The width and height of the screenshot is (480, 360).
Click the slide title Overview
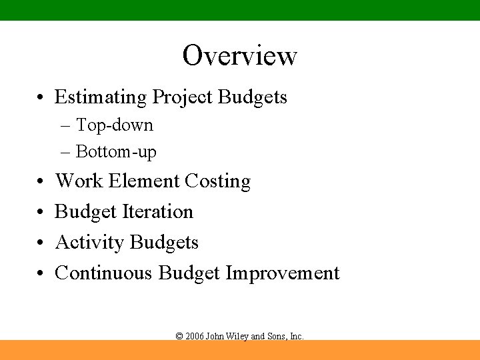(x=239, y=55)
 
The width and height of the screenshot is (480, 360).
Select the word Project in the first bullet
(x=183, y=97)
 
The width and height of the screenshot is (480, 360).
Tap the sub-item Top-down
(x=114, y=125)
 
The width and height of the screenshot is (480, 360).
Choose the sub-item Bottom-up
(x=116, y=152)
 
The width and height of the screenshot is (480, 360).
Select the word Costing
(x=217, y=181)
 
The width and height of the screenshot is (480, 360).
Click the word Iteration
(x=159, y=212)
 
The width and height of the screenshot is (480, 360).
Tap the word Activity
(x=89, y=243)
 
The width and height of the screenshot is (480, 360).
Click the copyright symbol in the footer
(x=179, y=337)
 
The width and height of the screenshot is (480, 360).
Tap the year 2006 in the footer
(x=195, y=337)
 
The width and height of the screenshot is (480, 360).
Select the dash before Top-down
(x=65, y=125)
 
